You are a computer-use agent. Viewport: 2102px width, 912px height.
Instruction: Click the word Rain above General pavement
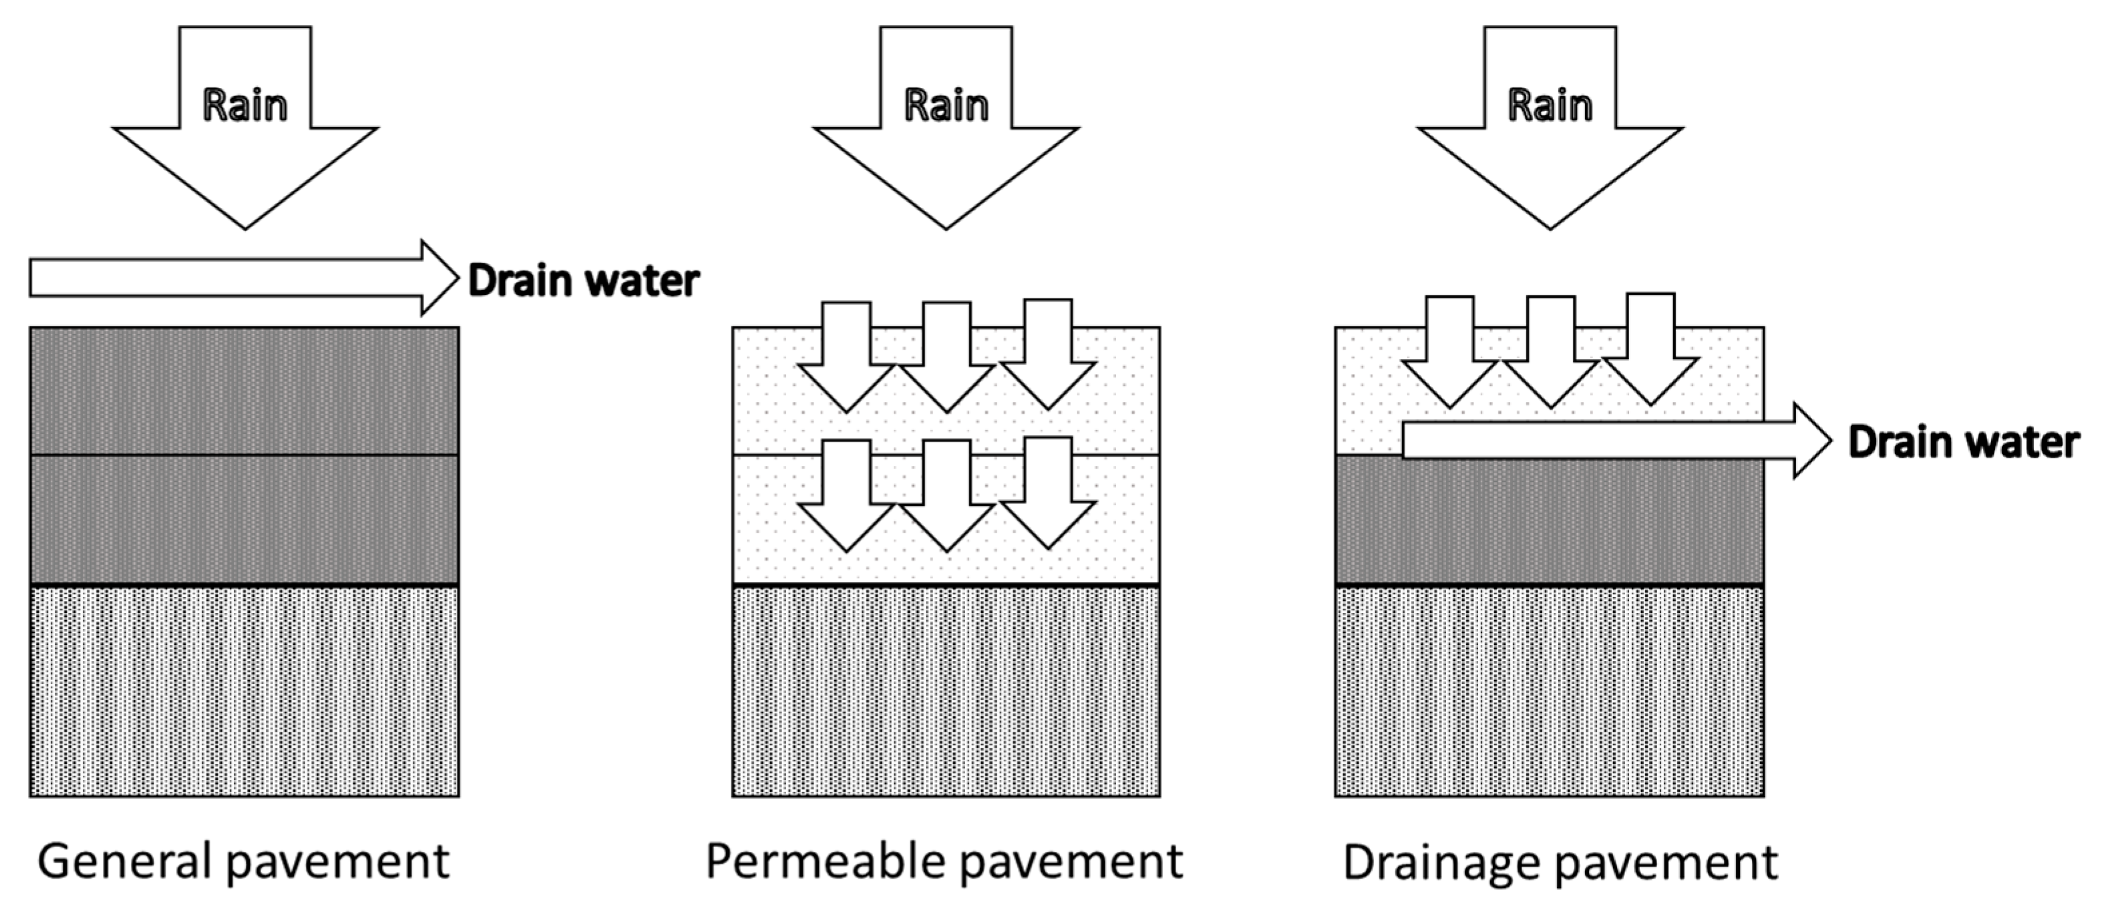pos(244,106)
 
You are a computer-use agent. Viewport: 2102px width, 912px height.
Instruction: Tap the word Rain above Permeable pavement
pos(946,106)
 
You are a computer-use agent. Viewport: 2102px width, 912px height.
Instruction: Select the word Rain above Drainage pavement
pos(1550,106)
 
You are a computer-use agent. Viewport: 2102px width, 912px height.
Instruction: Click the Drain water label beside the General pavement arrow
pos(583,280)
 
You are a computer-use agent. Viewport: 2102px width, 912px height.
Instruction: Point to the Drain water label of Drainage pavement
pos(1963,442)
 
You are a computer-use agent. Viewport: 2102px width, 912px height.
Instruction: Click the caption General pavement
pos(243,862)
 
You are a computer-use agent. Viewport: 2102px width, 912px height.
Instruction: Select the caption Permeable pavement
pos(944,862)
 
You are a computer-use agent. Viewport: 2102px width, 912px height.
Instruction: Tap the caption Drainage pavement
pos(1560,862)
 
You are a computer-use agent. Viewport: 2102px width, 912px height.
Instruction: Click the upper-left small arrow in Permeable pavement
pos(846,359)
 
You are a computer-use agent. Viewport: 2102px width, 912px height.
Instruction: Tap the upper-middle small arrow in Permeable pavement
pos(946,359)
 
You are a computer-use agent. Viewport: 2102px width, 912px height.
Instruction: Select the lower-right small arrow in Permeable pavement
pos(1048,496)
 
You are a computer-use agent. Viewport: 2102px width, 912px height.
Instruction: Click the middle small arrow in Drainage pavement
pos(1550,353)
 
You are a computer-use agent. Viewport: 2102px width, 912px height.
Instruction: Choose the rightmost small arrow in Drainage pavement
pos(1650,351)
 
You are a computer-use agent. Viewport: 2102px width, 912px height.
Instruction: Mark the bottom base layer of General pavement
pos(244,692)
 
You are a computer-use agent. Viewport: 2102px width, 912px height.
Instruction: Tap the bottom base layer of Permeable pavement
pos(946,692)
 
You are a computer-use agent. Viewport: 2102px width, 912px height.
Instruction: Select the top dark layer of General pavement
pos(244,390)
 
